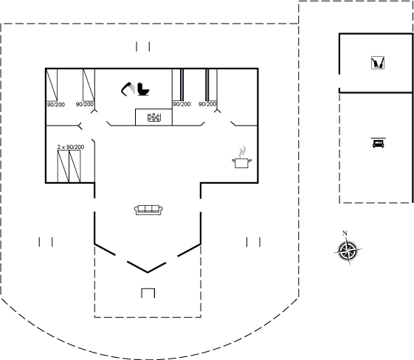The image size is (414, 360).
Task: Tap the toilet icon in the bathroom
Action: point(143,89)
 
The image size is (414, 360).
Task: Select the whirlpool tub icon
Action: point(154,117)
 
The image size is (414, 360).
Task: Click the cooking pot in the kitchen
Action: point(241,162)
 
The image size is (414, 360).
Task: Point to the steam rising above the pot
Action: point(242,151)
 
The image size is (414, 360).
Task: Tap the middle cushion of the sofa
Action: point(148,209)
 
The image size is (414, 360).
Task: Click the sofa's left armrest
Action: point(137,210)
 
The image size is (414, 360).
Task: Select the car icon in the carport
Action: point(378,144)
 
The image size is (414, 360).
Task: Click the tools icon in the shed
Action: point(378,63)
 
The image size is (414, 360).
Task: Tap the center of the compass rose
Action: point(348,250)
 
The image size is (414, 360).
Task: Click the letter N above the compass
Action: point(345,233)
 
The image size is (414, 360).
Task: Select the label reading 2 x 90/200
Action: point(71,147)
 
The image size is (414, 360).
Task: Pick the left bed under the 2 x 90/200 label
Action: point(63,166)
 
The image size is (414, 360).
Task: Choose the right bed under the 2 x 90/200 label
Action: point(75,166)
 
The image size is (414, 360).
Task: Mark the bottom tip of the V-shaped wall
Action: point(148,272)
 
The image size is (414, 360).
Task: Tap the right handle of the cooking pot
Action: point(249,160)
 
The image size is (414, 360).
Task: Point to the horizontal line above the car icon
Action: point(378,138)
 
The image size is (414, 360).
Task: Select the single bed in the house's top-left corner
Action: point(52,85)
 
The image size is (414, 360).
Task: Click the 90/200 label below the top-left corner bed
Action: point(55,105)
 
